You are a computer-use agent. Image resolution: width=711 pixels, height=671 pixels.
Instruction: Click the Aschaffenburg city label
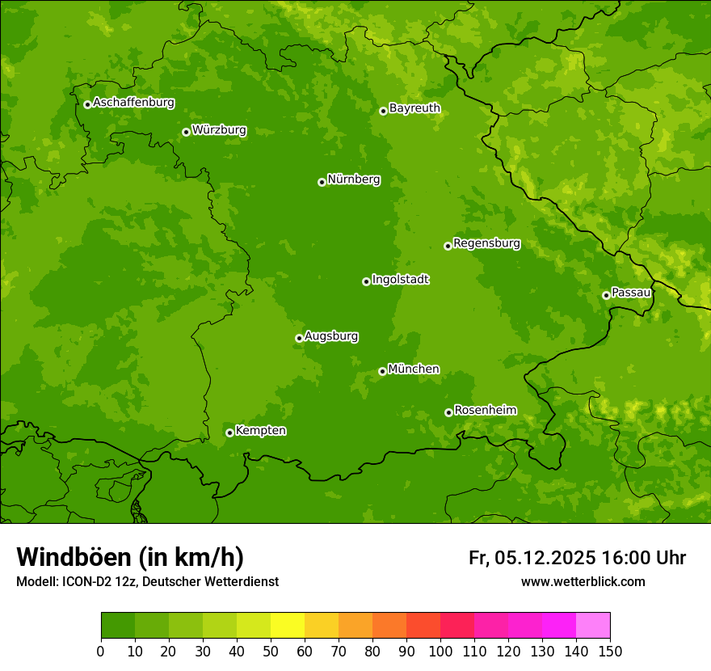coord(133,103)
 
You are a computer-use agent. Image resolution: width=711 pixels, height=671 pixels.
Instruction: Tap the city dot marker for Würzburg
coord(186,132)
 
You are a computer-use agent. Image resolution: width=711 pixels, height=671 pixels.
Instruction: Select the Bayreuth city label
coord(414,108)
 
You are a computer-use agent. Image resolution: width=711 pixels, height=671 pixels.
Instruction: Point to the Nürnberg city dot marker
coord(322,182)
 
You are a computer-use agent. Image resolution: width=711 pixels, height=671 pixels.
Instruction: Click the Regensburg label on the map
coord(486,243)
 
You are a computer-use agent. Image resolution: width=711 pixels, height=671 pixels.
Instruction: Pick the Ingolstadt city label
coord(400,279)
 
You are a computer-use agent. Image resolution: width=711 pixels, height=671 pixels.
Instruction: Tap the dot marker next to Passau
coord(606,295)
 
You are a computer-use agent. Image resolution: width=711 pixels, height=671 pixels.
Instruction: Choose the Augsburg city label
coord(331,335)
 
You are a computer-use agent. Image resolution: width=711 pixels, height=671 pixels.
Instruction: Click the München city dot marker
coord(382,371)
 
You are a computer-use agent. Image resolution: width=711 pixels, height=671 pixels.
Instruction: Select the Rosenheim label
coord(485,410)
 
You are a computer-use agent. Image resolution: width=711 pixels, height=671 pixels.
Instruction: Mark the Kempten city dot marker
coord(229,433)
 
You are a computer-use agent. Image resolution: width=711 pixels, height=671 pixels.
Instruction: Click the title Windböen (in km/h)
coord(130,557)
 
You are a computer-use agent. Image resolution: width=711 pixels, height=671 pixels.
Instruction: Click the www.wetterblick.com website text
coord(583,581)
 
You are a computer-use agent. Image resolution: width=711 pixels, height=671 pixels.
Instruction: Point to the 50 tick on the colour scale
coord(271,650)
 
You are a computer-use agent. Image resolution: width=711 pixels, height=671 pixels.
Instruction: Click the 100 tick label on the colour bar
coord(440,650)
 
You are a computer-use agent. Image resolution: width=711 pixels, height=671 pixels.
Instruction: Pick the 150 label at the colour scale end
coord(610,650)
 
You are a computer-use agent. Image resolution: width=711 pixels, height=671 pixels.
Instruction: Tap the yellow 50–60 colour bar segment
coord(288,626)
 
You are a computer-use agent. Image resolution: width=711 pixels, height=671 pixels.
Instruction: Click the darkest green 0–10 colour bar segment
coord(118,626)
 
